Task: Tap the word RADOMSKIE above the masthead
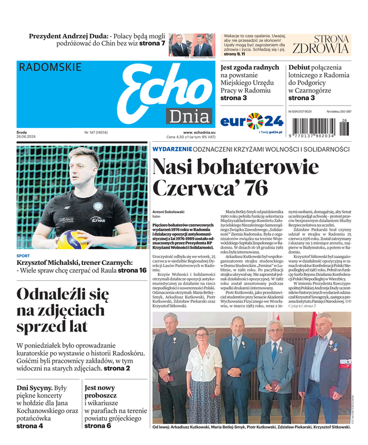coord(50,67)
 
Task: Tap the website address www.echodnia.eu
coord(195,132)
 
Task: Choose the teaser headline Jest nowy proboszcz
coord(100,392)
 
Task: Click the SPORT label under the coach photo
coord(23,256)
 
